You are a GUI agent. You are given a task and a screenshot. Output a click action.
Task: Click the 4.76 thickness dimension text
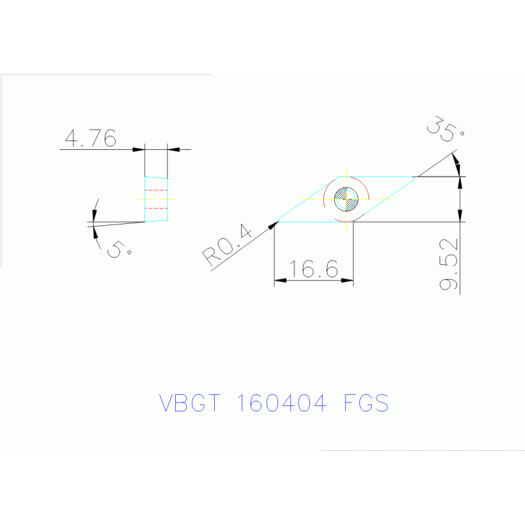pyautogui.click(x=90, y=138)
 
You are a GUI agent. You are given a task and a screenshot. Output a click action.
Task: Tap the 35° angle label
pyautogui.click(x=446, y=129)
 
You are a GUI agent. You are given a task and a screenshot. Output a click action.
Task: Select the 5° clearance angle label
pyautogui.click(x=119, y=249)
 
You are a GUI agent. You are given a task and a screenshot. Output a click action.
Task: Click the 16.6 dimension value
pyautogui.click(x=313, y=269)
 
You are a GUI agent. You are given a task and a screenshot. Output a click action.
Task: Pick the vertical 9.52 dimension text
pyautogui.click(x=448, y=264)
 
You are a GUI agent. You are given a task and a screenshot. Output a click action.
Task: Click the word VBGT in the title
pyautogui.click(x=190, y=402)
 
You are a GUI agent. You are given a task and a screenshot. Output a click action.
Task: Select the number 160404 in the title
pyautogui.click(x=281, y=402)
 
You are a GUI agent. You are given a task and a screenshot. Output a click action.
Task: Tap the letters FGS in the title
pyautogui.click(x=366, y=402)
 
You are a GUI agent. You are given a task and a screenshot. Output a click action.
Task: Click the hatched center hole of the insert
pyautogui.click(x=346, y=199)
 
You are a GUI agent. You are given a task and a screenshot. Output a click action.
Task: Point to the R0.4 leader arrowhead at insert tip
pyautogui.click(x=274, y=225)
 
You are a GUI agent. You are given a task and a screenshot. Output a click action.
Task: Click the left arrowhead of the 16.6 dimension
pyautogui.click(x=280, y=280)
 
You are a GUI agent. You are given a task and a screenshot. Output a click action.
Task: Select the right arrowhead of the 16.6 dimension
pyautogui.click(x=347, y=280)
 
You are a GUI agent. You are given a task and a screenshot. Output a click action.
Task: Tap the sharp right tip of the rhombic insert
pyautogui.click(x=414, y=178)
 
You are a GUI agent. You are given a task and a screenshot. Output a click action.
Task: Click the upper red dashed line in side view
pyautogui.click(x=156, y=190)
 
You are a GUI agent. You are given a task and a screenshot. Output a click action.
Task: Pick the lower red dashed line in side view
pyautogui.click(x=156, y=208)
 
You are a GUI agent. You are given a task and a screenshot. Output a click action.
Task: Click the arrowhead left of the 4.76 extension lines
pyautogui.click(x=139, y=149)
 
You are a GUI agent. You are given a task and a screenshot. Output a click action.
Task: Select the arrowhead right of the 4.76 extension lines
pyautogui.click(x=173, y=149)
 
